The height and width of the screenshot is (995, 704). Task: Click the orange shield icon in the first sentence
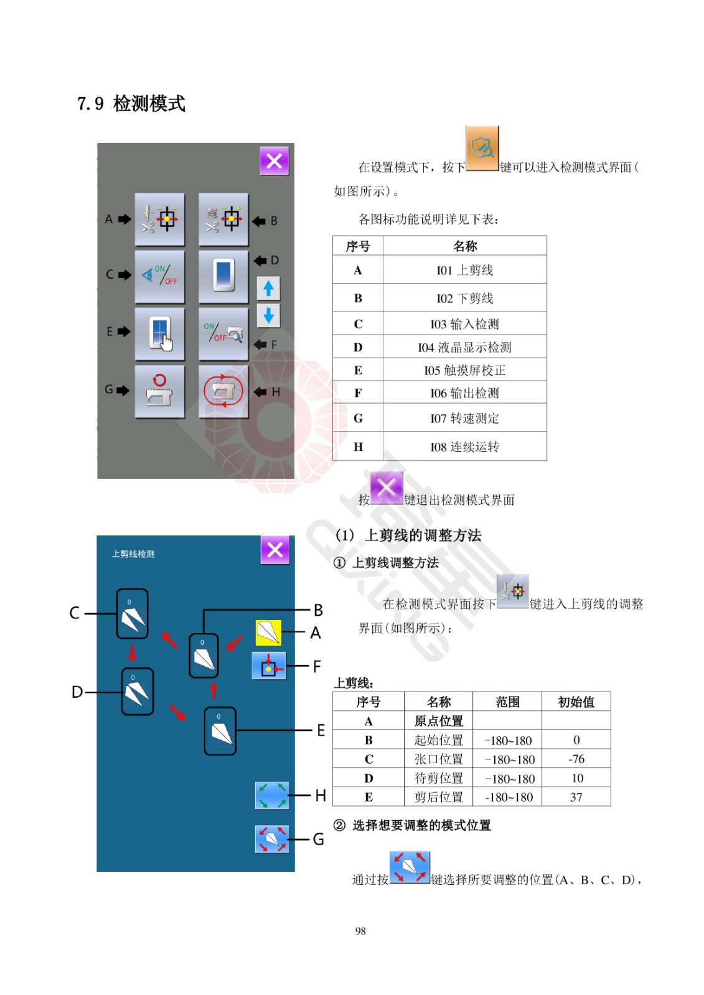coord(482,148)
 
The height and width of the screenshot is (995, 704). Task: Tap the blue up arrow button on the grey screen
coord(268,289)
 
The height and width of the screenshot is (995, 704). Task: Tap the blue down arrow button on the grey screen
coord(268,315)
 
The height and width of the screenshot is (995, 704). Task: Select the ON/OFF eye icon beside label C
coord(159,276)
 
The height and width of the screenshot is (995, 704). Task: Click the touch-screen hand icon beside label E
coord(159,334)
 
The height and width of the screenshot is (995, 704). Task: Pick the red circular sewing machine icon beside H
coord(223,391)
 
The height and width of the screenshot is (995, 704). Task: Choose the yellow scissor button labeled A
coord(268,632)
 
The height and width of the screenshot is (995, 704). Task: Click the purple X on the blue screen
coord(275,550)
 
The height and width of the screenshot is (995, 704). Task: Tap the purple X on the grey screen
coord(274,161)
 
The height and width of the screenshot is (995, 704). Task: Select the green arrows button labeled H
coord(272,795)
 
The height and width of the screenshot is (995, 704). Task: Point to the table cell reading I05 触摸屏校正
coord(464,370)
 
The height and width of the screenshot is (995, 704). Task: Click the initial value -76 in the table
coord(576,759)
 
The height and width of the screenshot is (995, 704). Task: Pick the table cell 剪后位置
coord(438,797)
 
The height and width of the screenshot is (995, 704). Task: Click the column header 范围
coord(507,702)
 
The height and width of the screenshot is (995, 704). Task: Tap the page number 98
coord(360,931)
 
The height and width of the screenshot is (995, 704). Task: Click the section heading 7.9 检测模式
coord(131,103)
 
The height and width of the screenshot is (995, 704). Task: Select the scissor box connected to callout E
coord(220,731)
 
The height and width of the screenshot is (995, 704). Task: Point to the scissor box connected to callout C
coord(132,614)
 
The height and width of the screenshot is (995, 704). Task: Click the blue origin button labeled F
coord(269,666)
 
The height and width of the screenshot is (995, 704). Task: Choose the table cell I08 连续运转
coord(464,447)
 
